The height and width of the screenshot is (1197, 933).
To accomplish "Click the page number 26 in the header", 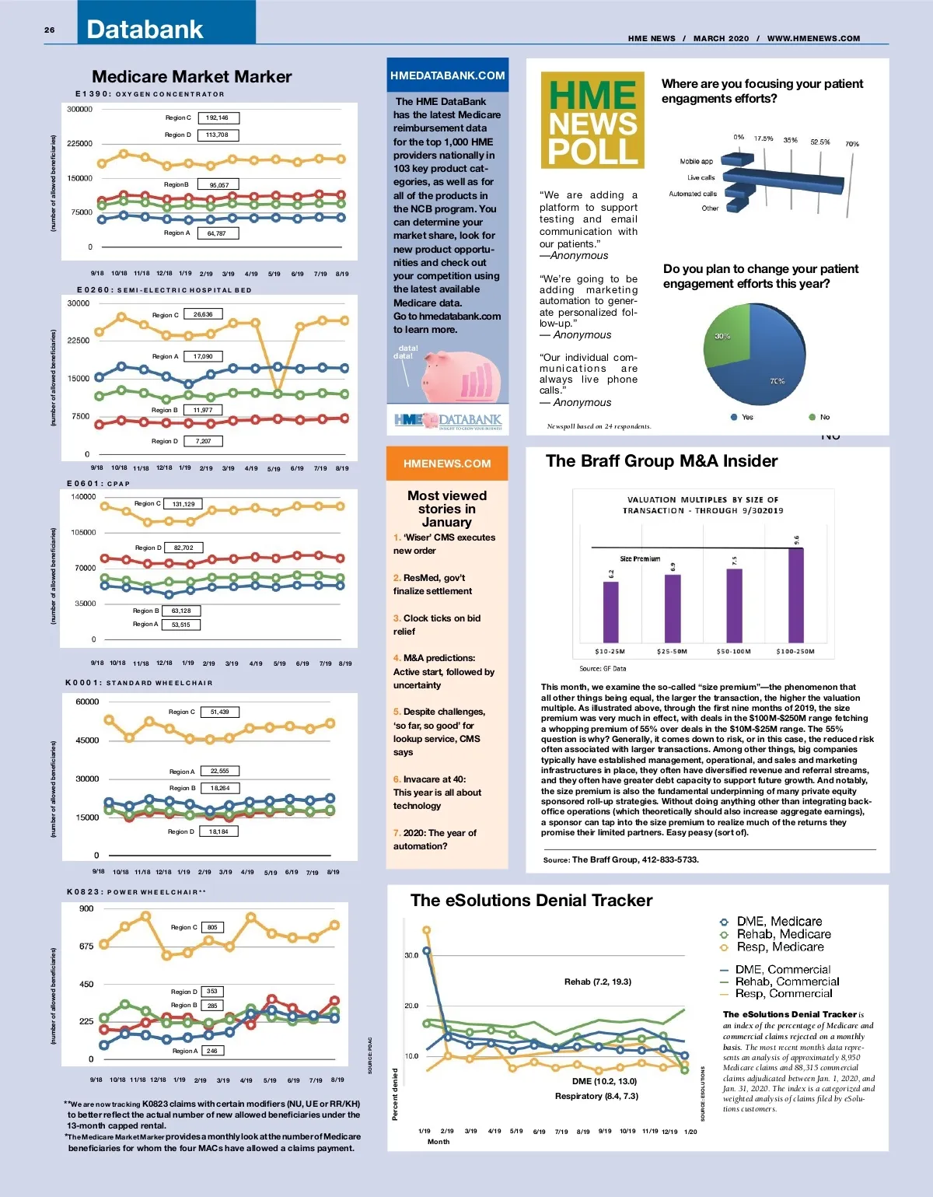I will tap(50, 30).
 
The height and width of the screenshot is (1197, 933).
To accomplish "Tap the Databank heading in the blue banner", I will tap(145, 30).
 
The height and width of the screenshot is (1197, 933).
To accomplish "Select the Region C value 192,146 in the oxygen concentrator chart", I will tap(218, 118).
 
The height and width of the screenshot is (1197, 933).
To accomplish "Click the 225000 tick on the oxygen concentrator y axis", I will tap(79, 144).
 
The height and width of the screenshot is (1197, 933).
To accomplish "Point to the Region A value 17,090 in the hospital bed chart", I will tap(203, 356).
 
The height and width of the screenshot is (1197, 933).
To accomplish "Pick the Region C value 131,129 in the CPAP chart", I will tap(184, 504).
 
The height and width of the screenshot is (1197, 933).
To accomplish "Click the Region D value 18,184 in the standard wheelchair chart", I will tap(218, 831).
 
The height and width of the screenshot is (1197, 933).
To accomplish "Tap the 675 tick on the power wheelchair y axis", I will tap(86, 947).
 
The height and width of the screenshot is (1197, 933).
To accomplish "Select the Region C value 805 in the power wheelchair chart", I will tap(212, 927).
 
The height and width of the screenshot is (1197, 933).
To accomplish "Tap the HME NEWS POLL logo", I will tap(592, 121).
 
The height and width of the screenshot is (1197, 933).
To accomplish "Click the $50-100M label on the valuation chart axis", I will tap(733, 652).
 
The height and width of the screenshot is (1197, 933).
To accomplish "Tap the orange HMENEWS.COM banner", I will tap(447, 464).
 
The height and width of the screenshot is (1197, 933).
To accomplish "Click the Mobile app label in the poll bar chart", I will tap(696, 162).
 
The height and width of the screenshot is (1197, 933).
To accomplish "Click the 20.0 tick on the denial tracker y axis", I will tap(411, 1006).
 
